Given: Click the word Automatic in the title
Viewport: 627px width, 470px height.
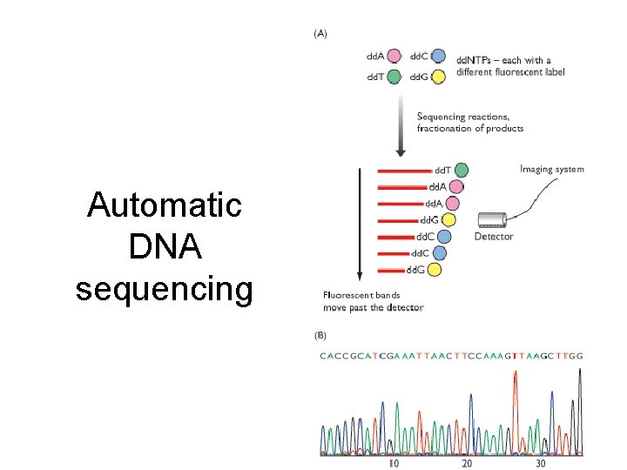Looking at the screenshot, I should (x=165, y=206).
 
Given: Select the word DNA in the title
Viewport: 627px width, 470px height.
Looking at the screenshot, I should (x=165, y=247).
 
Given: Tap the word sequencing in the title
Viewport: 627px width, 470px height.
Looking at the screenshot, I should (x=165, y=288).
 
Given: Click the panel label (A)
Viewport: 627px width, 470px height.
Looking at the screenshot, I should (x=320, y=35).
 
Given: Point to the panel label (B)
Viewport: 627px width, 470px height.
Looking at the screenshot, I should (x=320, y=335).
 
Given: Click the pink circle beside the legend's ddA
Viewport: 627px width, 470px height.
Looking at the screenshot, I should (x=394, y=57).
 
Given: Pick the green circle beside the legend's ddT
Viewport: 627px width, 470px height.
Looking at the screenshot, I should (x=394, y=77).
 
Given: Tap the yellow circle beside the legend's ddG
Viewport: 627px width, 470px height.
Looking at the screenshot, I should (x=438, y=77).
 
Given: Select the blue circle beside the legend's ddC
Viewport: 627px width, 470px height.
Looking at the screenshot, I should (x=438, y=57).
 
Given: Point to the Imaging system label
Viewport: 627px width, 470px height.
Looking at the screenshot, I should (x=552, y=169).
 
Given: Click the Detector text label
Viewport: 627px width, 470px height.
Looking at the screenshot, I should (x=494, y=237).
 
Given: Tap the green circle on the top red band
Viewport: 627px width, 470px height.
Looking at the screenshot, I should (x=461, y=170).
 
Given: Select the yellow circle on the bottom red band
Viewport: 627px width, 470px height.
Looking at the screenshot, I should (x=434, y=269).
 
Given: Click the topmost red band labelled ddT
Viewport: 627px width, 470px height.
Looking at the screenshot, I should (x=405, y=171).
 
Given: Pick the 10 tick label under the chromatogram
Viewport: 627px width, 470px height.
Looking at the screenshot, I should (x=394, y=463).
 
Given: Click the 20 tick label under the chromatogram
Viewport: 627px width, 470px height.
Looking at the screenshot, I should (x=468, y=463).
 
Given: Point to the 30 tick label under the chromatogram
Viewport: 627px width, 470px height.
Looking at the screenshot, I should (x=540, y=463).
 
